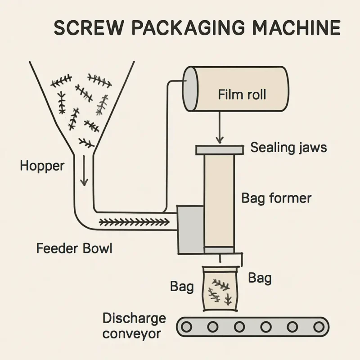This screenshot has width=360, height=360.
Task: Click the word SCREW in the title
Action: point(87,27)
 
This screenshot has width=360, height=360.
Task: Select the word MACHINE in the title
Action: point(296,27)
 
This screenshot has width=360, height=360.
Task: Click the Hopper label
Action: point(42,166)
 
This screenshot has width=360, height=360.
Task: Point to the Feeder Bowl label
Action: point(74,248)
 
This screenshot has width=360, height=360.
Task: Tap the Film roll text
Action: point(242,94)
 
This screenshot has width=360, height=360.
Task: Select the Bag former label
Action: point(276,198)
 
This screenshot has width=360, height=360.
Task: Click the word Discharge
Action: point(134,319)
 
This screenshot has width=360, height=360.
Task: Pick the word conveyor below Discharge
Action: point(131,334)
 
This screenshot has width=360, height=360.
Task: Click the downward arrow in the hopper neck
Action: point(84,171)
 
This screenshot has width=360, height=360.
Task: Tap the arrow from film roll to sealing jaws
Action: point(220,127)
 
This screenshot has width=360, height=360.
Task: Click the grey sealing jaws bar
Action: point(220,150)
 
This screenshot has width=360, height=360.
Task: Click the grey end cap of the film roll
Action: point(190,89)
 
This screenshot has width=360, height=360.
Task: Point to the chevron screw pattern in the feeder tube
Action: point(134,222)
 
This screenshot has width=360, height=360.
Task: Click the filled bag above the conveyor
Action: point(220,289)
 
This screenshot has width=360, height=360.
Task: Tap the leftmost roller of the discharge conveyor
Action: point(186,327)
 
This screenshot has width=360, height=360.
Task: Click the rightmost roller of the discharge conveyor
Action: point(319,327)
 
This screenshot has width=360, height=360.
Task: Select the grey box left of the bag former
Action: point(190,230)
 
